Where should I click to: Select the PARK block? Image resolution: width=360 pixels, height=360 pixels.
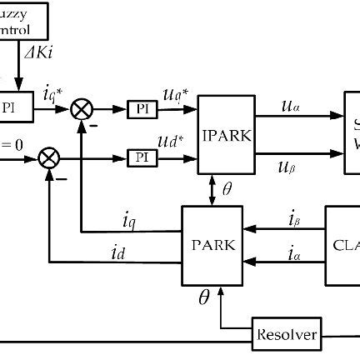[x=213, y=246]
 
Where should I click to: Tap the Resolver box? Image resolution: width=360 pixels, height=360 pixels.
[x=286, y=334]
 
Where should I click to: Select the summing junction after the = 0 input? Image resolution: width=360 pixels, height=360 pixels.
[x=51, y=156]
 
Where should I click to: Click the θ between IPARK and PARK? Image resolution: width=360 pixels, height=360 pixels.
[x=227, y=190]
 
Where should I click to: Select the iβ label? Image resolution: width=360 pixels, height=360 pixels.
[x=293, y=221]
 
